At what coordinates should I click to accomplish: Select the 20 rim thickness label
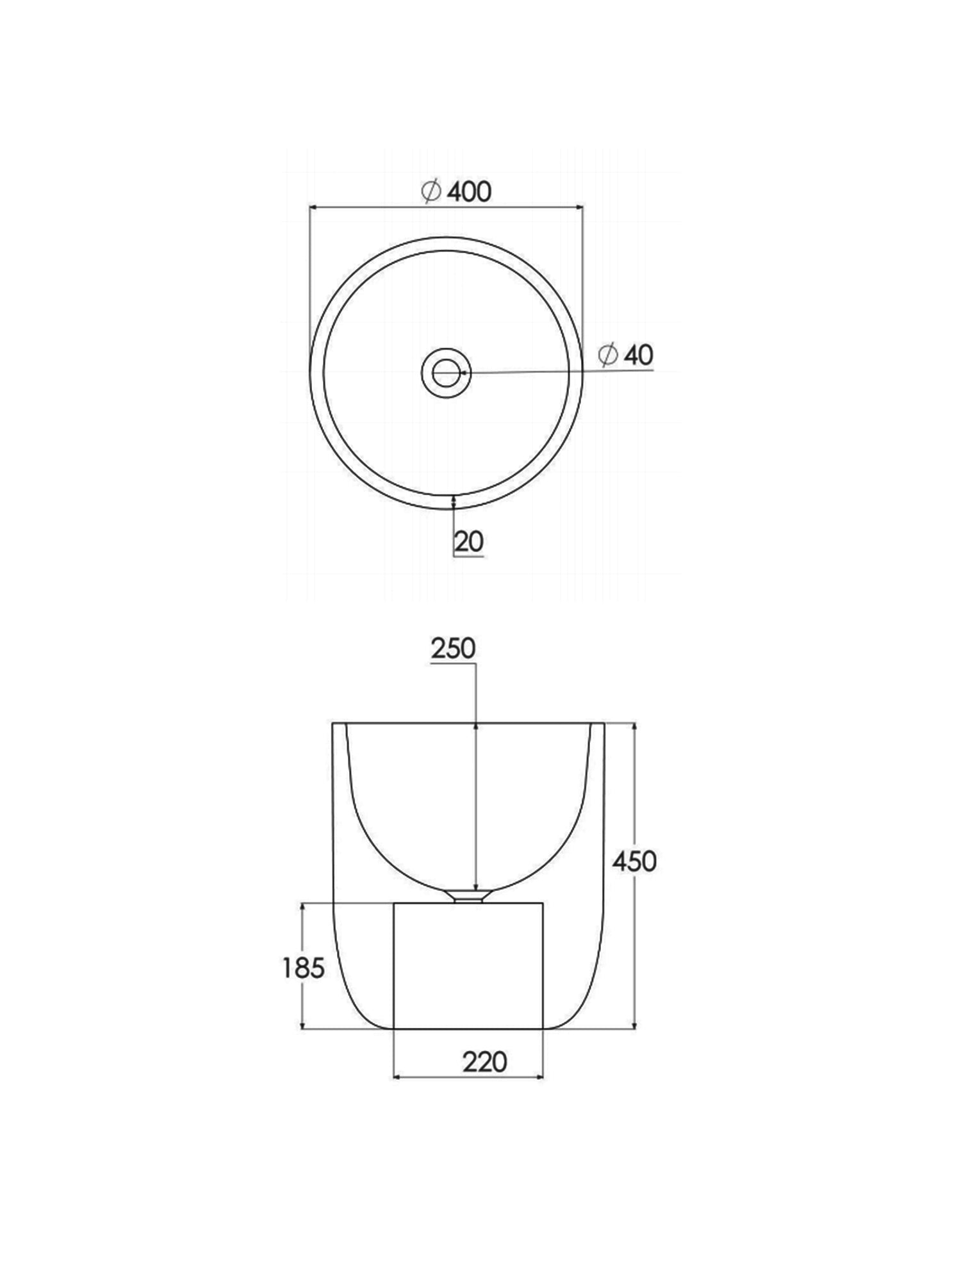pos(469,542)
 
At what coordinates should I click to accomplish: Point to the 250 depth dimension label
pos(453,649)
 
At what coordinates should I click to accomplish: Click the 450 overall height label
pos(634,861)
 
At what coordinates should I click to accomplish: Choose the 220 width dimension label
pos(485,1063)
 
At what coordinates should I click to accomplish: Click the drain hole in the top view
pos(446,373)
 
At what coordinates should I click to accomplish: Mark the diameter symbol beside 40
pos(607,355)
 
